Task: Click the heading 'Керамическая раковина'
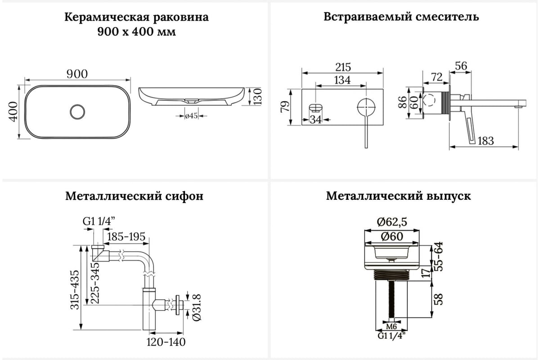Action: pyautogui.click(x=136, y=18)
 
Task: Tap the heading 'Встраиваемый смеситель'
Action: pyautogui.click(x=401, y=17)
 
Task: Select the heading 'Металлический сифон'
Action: pyautogui.click(x=134, y=196)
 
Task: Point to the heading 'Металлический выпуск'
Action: pyautogui.click(x=399, y=196)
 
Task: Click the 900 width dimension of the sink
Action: pyautogui.click(x=77, y=74)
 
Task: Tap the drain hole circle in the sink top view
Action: pyautogui.click(x=77, y=111)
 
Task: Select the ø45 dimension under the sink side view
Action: pyautogui.click(x=192, y=116)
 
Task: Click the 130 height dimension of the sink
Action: pyautogui.click(x=258, y=96)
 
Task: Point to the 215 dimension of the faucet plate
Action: pyautogui.click(x=343, y=67)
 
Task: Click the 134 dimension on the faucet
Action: pyautogui.click(x=342, y=80)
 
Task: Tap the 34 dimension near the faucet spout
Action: pyautogui.click(x=316, y=120)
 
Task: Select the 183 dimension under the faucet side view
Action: pyautogui.click(x=485, y=141)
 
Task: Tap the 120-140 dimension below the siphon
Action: pyautogui.click(x=166, y=342)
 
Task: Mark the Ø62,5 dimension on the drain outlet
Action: pyautogui.click(x=391, y=222)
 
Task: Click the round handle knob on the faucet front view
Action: pyautogui.click(x=365, y=108)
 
